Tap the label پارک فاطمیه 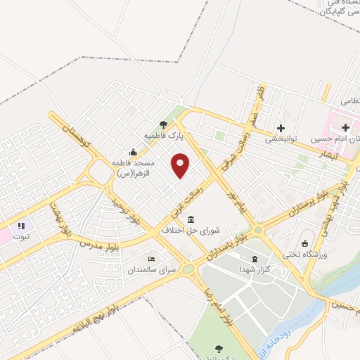163,134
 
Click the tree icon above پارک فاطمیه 164,124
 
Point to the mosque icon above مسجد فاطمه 133,152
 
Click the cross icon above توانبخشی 281,128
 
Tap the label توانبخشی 281,139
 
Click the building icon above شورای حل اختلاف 191,219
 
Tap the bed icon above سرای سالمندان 150,259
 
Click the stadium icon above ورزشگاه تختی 304,243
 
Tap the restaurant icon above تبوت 21,226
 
